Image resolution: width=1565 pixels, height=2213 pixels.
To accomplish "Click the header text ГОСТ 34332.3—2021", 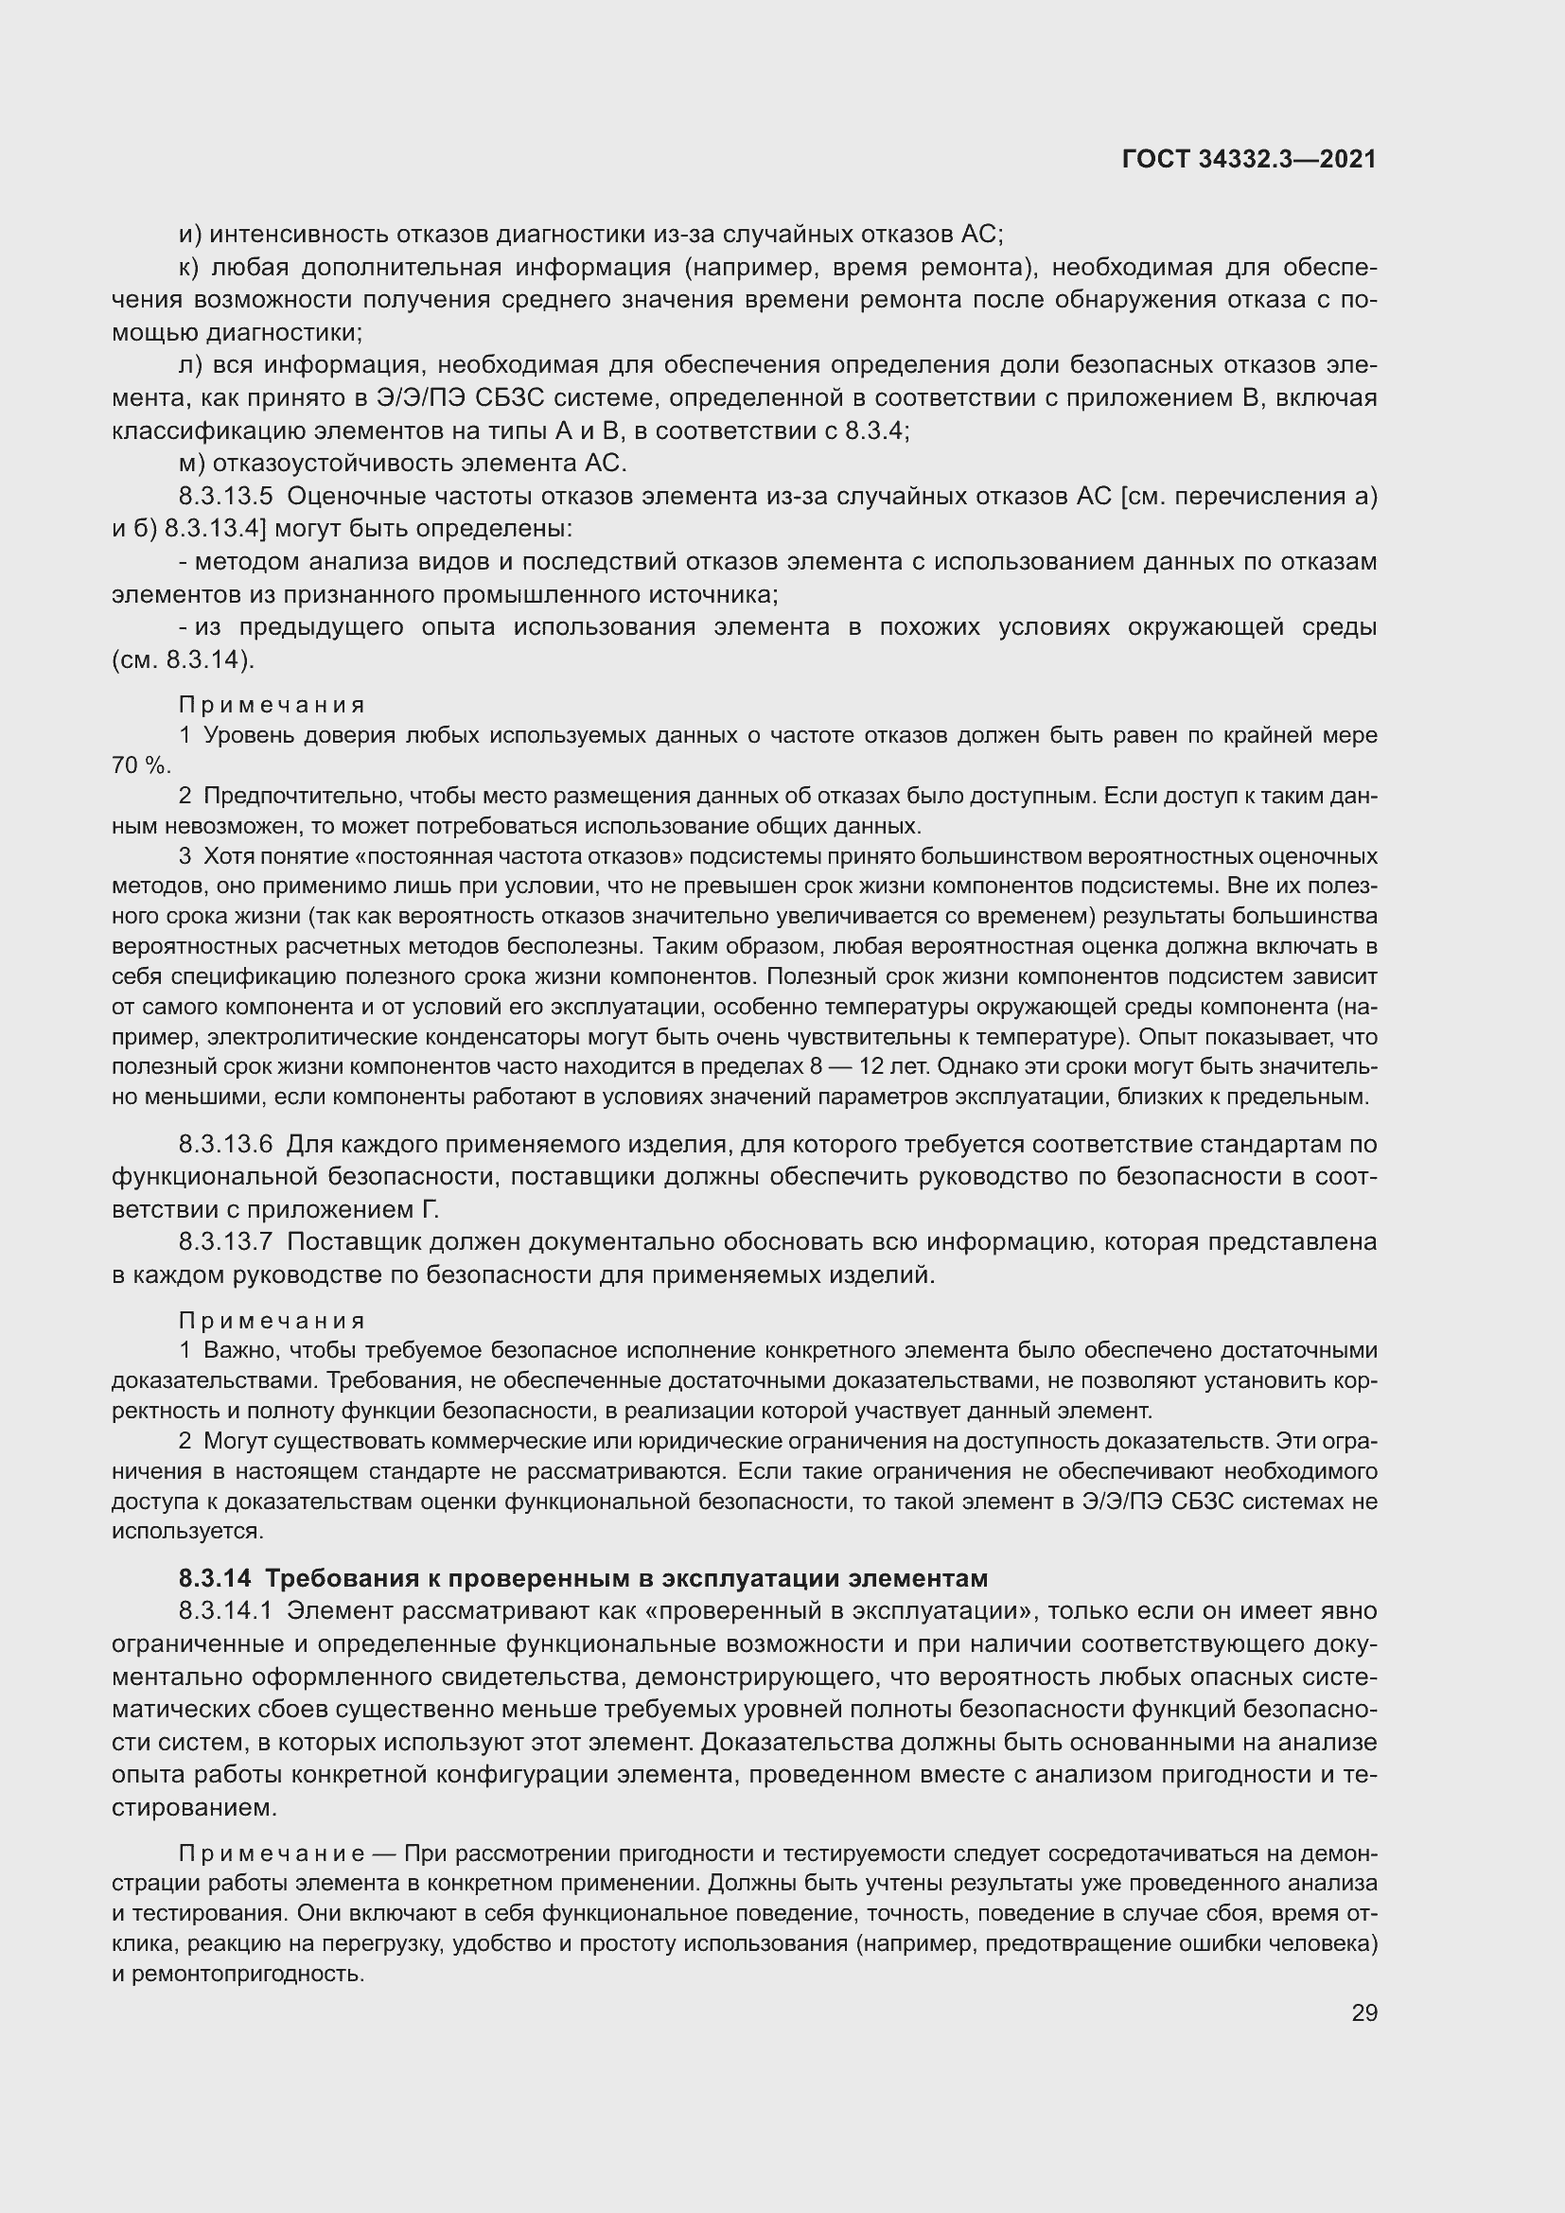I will pyautogui.click(x=1249, y=160).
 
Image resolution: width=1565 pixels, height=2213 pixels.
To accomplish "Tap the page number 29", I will pyautogui.click(x=1363, y=2012).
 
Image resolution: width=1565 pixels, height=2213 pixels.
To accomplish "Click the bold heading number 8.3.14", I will pyautogui.click(x=214, y=1579).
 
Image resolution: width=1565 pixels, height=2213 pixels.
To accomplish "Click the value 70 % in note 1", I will pyautogui.click(x=141, y=765).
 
